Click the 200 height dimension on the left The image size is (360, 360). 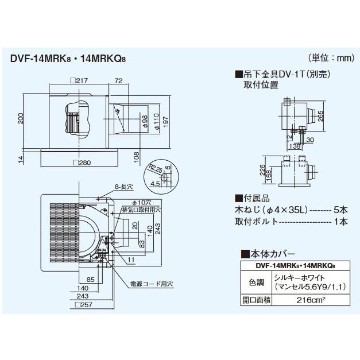pyautogui.click(x=21, y=119)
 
